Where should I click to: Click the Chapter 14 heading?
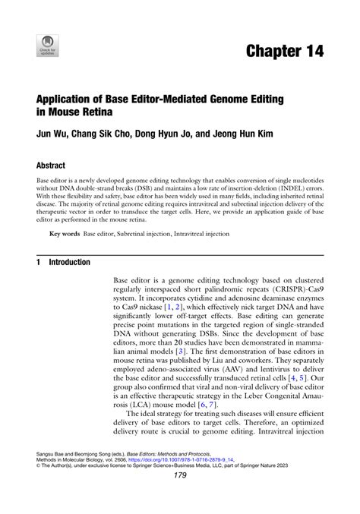click(284, 52)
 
